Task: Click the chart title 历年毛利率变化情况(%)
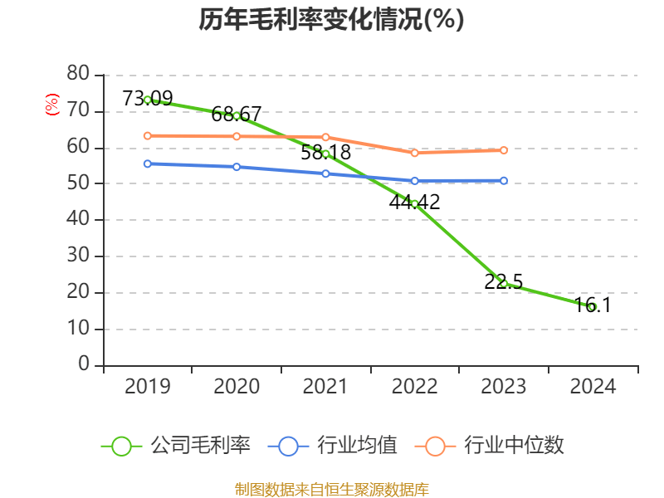331,19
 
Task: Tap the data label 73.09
148,99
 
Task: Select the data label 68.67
237,115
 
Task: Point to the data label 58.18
325,153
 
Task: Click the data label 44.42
414,202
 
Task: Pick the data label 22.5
503,282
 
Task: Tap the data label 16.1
593,305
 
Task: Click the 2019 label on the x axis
148,387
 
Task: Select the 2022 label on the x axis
414,387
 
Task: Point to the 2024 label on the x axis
593,387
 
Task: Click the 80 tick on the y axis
78,74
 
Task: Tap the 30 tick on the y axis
78,256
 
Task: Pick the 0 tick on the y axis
84,364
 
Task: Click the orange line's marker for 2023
504,150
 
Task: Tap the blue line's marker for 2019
148,164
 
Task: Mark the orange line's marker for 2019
148,135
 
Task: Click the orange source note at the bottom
331,490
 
